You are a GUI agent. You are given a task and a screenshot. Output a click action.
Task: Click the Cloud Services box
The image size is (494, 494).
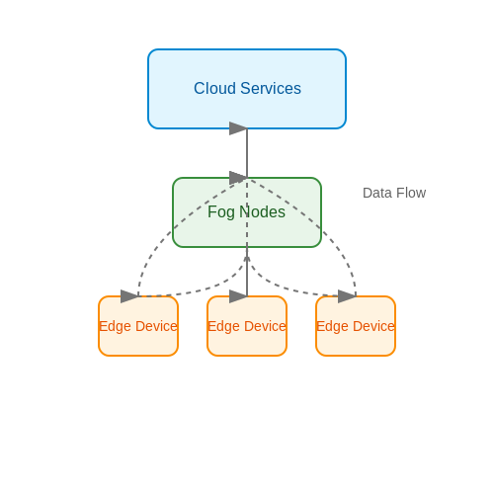click(247, 89)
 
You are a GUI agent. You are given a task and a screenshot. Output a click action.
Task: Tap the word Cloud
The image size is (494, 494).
click(214, 88)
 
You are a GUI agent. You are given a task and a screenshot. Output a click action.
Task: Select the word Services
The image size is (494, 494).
click(271, 88)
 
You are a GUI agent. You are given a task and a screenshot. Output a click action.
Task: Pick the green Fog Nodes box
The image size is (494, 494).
click(247, 212)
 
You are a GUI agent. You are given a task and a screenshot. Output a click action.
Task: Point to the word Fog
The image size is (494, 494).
click(221, 212)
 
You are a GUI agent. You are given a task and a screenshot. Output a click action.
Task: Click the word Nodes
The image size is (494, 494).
click(262, 211)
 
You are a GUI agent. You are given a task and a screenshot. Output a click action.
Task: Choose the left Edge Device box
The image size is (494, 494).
click(138, 326)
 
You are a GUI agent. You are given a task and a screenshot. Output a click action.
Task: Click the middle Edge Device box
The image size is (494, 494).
click(247, 326)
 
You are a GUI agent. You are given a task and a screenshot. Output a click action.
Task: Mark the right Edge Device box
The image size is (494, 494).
click(356, 326)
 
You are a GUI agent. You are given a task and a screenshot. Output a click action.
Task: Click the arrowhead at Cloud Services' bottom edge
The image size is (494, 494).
click(238, 128)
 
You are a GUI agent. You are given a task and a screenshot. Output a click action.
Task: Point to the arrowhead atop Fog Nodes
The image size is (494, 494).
click(238, 178)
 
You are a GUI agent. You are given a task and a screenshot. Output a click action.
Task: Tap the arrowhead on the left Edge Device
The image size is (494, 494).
click(129, 296)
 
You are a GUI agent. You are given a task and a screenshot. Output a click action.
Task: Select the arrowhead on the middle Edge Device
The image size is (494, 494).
click(238, 296)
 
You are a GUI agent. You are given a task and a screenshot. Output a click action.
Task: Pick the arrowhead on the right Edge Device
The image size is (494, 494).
click(347, 296)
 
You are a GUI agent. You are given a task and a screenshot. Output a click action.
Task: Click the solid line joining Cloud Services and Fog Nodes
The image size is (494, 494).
click(247, 153)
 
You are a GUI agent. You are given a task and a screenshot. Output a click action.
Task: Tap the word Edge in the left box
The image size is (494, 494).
click(115, 327)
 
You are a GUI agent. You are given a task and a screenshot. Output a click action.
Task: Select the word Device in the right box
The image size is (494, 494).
click(373, 326)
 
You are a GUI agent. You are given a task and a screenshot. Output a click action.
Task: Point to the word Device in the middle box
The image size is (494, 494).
click(265, 326)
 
